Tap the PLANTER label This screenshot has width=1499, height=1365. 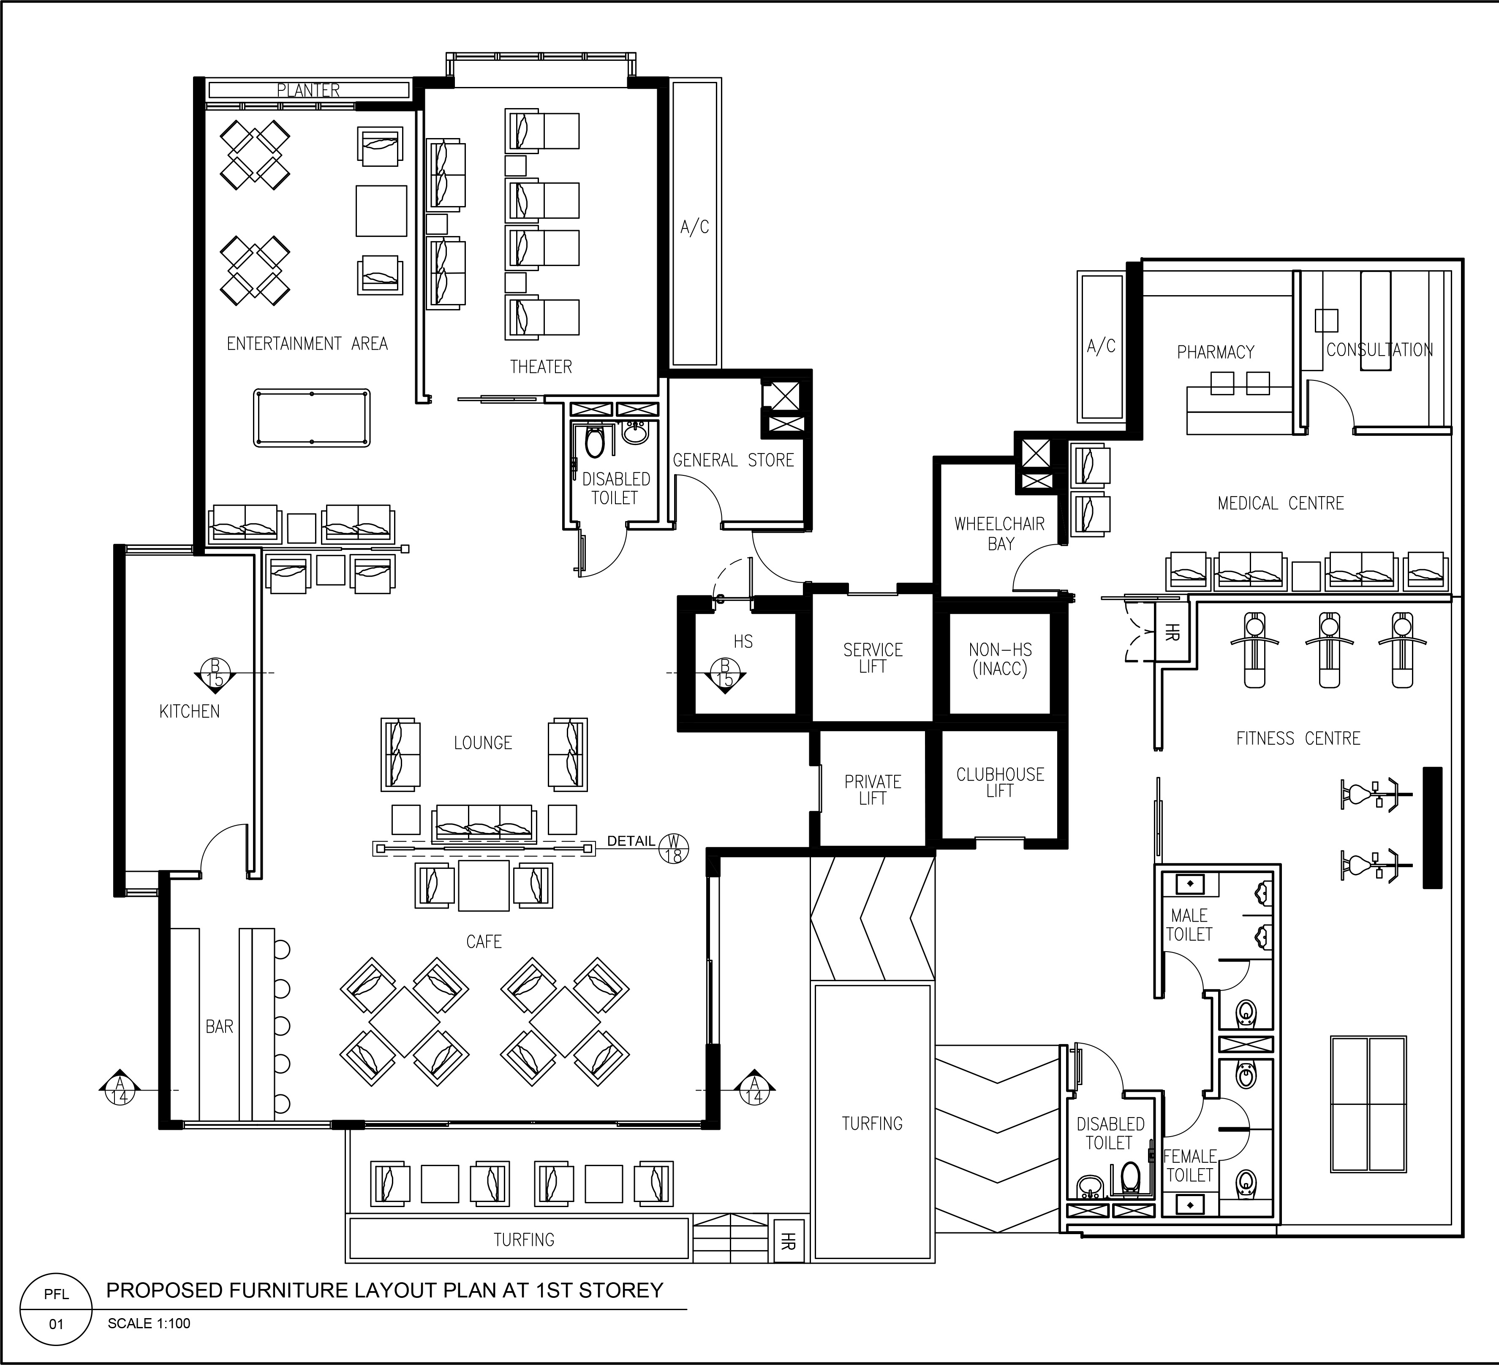309,90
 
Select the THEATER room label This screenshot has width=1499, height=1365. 541,366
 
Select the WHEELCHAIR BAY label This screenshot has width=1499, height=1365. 1000,534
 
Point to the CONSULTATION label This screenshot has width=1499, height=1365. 1379,350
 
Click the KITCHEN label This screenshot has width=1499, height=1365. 190,711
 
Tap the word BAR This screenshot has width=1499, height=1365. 219,1027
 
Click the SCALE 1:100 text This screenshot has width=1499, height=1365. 149,1323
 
